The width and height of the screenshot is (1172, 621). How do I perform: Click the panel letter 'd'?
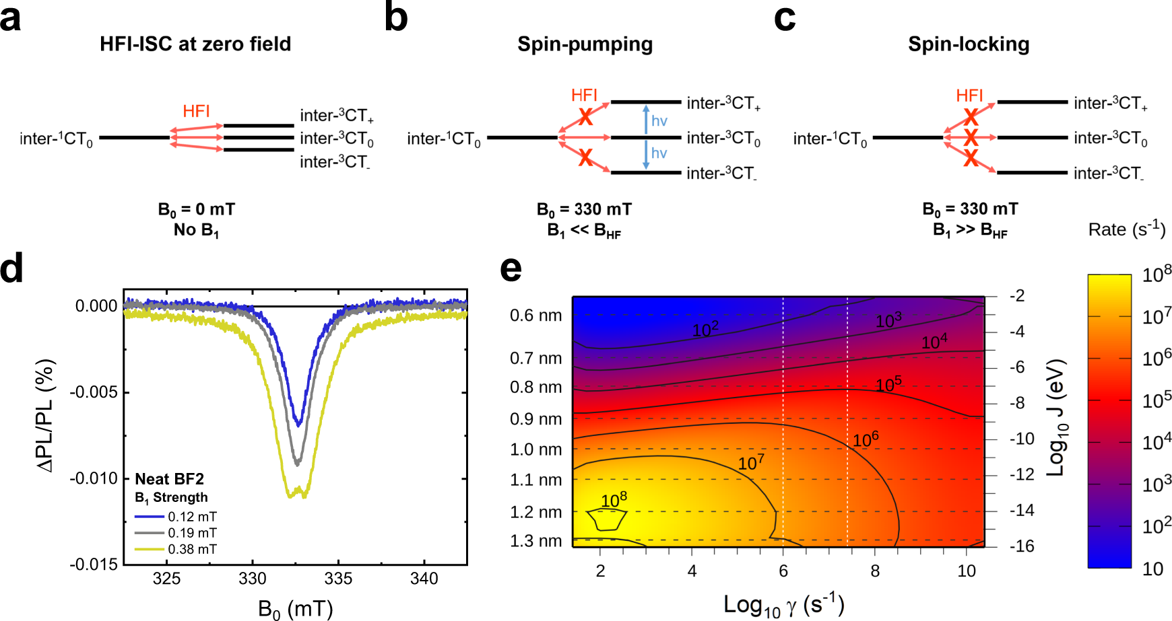[12, 268]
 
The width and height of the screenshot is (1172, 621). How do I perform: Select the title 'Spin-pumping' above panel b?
[585, 44]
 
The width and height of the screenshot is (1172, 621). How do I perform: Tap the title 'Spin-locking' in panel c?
[968, 44]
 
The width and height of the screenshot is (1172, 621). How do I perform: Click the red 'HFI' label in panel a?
[196, 111]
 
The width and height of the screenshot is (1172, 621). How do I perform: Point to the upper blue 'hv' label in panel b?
[659, 121]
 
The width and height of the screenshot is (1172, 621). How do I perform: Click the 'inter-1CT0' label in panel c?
[830, 139]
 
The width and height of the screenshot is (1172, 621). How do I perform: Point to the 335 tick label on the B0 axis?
[338, 579]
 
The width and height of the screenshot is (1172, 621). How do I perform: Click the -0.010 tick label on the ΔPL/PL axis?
[94, 478]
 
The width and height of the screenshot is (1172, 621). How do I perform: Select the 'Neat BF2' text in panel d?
[169, 479]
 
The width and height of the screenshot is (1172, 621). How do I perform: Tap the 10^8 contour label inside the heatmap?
[614, 500]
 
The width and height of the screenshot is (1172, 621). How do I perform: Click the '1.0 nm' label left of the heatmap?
[535, 449]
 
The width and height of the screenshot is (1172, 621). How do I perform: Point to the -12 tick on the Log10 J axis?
[1022, 474]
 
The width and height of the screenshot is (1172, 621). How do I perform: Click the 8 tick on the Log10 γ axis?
[874, 571]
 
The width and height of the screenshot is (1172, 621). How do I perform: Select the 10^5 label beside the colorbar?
[1157, 400]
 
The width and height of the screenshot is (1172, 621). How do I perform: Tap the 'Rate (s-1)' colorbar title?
[1126, 229]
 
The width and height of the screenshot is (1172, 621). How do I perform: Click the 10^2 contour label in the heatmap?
[705, 329]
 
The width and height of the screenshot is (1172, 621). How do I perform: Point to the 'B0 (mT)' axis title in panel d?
[295, 609]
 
